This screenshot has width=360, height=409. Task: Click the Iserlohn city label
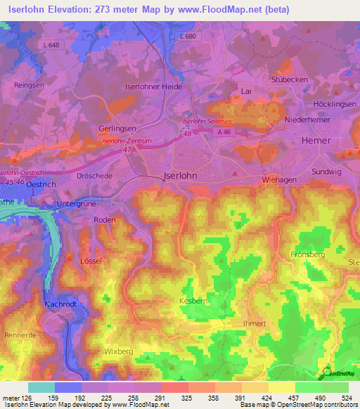click(x=180, y=176)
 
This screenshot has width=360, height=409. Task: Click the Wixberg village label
click(x=118, y=349)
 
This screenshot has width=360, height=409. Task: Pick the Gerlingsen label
click(x=117, y=129)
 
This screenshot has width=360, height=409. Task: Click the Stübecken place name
click(x=290, y=79)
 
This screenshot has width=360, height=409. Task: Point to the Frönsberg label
click(x=307, y=254)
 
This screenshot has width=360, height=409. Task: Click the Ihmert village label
click(x=252, y=323)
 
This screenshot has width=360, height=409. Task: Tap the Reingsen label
click(x=29, y=84)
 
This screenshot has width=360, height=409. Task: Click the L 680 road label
click(x=188, y=36)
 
